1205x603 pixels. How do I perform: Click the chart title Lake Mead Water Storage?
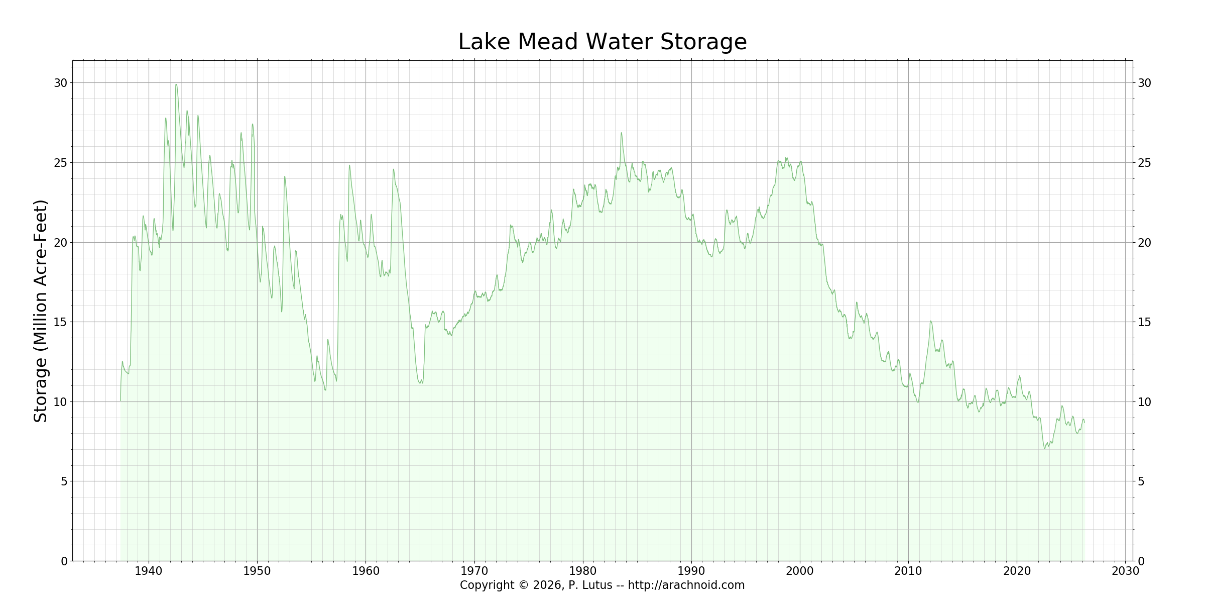click(602, 42)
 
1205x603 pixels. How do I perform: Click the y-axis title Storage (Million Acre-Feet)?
click(41, 311)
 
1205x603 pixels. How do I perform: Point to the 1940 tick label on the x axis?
click(149, 571)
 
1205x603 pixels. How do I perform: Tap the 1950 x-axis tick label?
click(257, 571)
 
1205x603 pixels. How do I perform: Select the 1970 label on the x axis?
click(474, 571)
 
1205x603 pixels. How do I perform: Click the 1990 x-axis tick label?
click(691, 571)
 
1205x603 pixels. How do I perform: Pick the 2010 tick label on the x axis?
click(908, 571)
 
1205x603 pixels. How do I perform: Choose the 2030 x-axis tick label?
click(1125, 571)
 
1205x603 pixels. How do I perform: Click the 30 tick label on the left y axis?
click(60, 83)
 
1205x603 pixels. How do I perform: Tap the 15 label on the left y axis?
click(60, 322)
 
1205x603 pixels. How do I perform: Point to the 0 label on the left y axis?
click(64, 561)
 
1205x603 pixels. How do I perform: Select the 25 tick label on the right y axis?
click(1144, 163)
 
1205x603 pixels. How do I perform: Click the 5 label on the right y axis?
click(1141, 481)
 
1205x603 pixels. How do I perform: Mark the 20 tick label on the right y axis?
click(1144, 243)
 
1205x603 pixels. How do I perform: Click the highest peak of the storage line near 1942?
click(176, 84)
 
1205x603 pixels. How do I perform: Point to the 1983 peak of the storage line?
click(621, 133)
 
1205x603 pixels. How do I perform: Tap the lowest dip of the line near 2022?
click(1044, 448)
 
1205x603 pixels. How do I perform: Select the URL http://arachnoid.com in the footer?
click(686, 585)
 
